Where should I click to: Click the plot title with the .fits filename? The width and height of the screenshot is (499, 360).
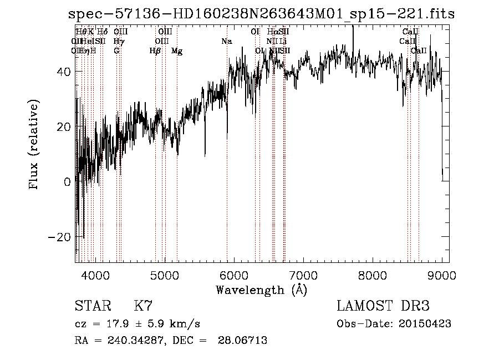(261, 14)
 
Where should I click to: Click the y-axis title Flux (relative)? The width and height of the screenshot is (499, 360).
(35, 145)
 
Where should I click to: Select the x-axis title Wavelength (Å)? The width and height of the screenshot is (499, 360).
(261, 290)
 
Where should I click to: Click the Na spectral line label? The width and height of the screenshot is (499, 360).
(226, 42)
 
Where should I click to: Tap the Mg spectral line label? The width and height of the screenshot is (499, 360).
(177, 51)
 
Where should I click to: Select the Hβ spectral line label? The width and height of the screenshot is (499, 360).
(155, 51)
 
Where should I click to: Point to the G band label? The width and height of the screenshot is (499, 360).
(116, 51)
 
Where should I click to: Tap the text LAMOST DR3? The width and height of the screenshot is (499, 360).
(383, 306)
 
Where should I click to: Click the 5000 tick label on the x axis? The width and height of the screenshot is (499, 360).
(165, 275)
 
